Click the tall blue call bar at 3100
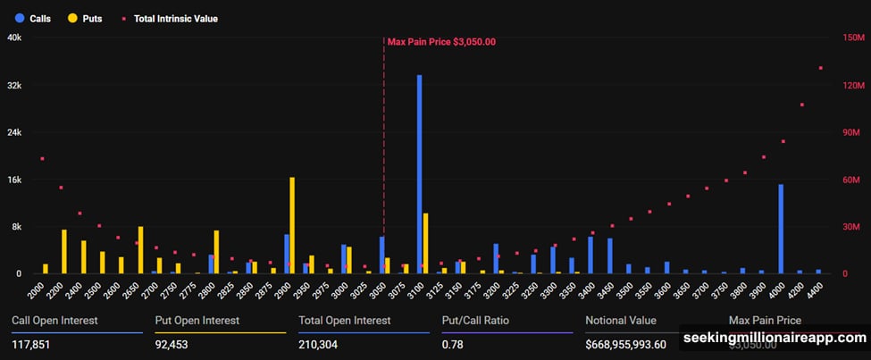pyautogui.click(x=419, y=174)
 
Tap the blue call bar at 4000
pyautogui.click(x=781, y=229)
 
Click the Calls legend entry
pyautogui.click(x=34, y=18)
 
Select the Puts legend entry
pyautogui.click(x=86, y=18)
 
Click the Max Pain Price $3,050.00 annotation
pyautogui.click(x=441, y=41)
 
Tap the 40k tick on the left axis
pyautogui.click(x=15, y=38)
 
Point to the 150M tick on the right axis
pyautogui.click(x=850, y=38)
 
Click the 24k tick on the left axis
pyautogui.click(x=15, y=132)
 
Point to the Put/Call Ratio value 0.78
pyautogui.click(x=453, y=344)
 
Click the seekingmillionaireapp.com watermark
pyautogui.click(x=774, y=339)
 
